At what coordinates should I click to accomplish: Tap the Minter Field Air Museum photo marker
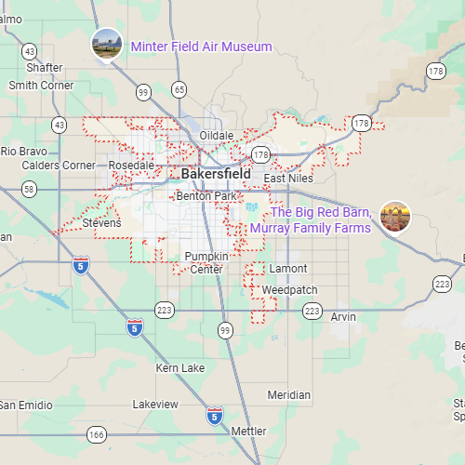106,44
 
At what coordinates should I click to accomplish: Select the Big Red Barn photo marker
396,218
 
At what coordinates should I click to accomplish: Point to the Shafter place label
45,68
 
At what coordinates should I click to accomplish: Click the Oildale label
217,136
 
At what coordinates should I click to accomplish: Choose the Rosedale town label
131,166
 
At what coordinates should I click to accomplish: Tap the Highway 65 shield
179,89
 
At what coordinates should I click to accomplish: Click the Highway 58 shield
30,189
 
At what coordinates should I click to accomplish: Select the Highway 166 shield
96,434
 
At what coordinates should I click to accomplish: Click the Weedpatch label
289,290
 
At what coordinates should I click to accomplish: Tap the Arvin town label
343,317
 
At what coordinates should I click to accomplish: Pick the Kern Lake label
180,368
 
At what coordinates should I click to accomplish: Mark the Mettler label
248,432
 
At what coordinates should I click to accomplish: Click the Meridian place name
288,395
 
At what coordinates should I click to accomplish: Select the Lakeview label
155,405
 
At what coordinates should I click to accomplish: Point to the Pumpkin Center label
206,262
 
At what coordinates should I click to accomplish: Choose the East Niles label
287,179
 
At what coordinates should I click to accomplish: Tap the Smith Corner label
41,86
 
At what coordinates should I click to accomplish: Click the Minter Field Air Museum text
201,46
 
